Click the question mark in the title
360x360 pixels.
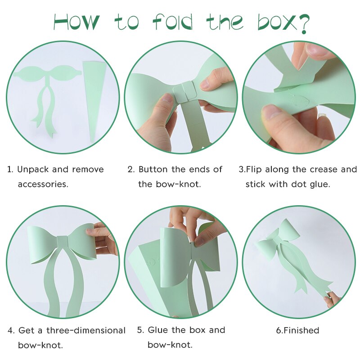(303, 24)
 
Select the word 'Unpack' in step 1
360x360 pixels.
(33, 170)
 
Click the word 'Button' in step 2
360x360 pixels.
(153, 170)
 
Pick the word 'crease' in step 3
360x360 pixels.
(324, 170)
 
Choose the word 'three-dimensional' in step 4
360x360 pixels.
(86, 331)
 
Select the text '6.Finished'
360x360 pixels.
(297, 330)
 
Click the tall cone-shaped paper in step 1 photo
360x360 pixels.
(94, 99)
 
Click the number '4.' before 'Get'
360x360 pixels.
(11, 331)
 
